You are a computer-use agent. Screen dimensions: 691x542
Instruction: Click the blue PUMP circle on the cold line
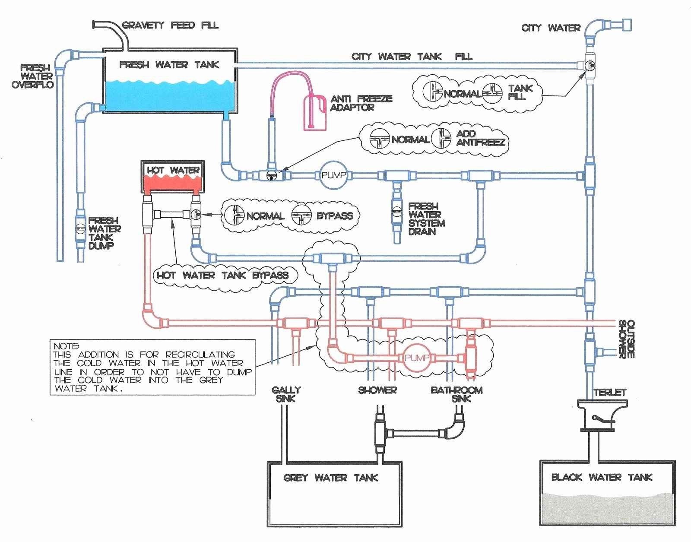pyautogui.click(x=333, y=175)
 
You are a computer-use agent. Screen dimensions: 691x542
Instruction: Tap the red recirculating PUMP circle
pyautogui.click(x=417, y=358)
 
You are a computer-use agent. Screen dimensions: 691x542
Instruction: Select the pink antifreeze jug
pyautogui.click(x=315, y=113)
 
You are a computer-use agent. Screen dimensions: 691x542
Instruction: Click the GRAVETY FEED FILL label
pyautogui.click(x=171, y=25)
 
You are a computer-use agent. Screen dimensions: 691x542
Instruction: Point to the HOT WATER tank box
pyautogui.click(x=173, y=177)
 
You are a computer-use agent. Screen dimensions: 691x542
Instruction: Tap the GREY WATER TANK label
pyautogui.click(x=330, y=478)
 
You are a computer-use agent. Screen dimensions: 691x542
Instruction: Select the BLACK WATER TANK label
pyautogui.click(x=602, y=477)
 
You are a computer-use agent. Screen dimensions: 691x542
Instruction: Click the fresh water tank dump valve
pyautogui.click(x=80, y=228)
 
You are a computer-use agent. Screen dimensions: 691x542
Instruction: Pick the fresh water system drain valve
pyautogui.click(x=396, y=211)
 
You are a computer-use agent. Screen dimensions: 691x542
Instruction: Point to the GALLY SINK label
pyautogui.click(x=286, y=394)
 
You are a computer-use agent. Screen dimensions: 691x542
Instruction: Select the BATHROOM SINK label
pyautogui.click(x=456, y=394)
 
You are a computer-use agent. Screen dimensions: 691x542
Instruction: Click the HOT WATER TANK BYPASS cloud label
pyautogui.click(x=222, y=275)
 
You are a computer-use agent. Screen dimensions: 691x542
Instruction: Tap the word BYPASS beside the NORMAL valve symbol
pyautogui.click(x=335, y=216)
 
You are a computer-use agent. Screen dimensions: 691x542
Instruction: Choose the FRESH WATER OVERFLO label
pyautogui.click(x=32, y=76)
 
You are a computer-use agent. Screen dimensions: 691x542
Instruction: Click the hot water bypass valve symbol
pyautogui.click(x=196, y=215)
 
